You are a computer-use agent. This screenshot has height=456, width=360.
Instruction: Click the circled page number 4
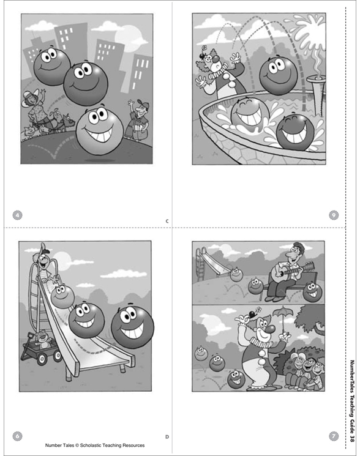18,215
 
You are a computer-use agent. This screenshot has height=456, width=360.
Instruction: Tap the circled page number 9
334,215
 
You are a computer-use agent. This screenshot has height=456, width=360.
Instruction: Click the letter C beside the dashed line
167,220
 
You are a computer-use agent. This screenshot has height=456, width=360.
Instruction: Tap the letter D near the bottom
167,436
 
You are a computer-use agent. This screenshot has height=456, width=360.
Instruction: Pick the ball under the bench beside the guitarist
256,285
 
